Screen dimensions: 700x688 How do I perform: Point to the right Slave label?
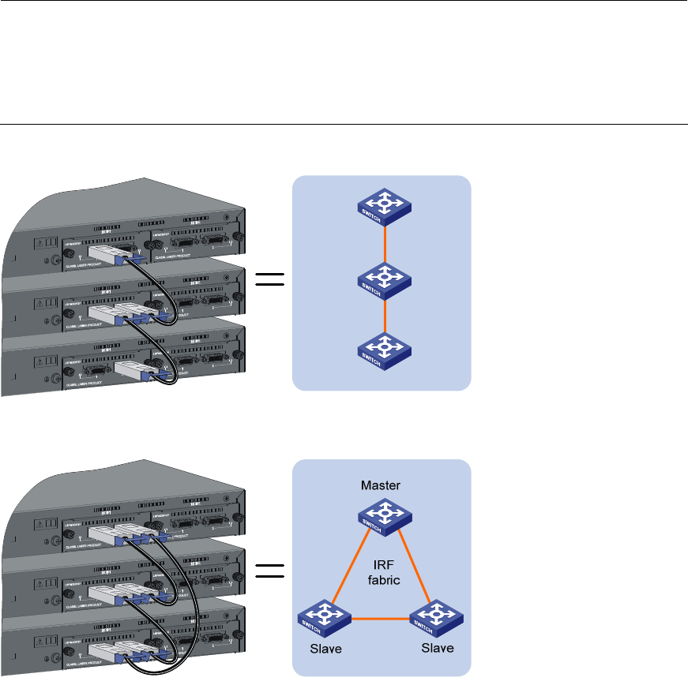click(x=437, y=648)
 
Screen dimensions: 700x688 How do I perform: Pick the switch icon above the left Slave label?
click(x=325, y=618)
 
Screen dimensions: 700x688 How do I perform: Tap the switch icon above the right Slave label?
click(x=435, y=618)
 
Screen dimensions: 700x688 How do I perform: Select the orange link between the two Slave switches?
click(x=380, y=618)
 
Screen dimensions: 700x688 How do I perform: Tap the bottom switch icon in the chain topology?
click(x=384, y=348)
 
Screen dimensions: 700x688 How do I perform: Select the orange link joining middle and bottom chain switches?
click(x=384, y=314)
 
